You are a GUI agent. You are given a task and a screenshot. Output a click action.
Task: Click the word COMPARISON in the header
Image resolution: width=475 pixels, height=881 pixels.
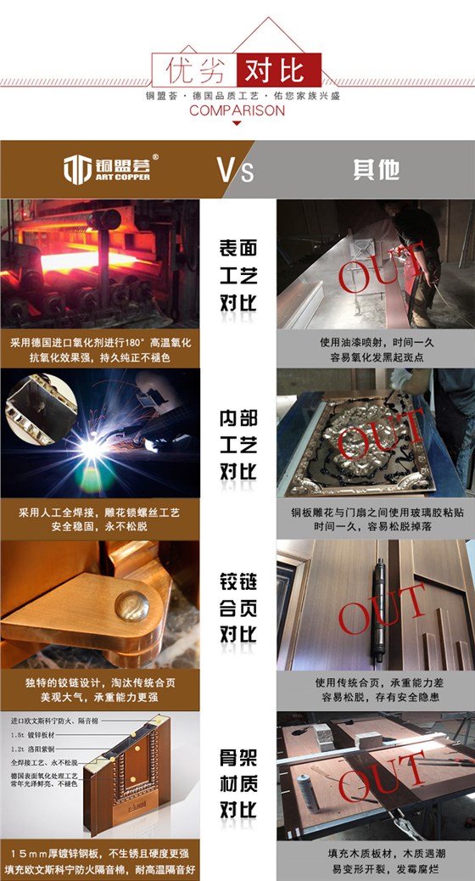tap(237, 110)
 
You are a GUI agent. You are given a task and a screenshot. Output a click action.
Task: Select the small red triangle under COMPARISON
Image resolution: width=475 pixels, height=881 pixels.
tap(237, 124)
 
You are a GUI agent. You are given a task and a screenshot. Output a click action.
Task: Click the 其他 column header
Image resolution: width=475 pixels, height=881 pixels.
tap(376, 169)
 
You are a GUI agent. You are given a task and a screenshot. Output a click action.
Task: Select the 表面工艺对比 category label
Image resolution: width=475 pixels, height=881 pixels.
tap(238, 275)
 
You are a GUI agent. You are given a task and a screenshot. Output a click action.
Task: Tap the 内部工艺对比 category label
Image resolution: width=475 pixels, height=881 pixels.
tap(238, 445)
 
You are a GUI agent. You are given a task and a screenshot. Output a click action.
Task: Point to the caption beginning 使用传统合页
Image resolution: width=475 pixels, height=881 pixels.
tap(376, 689)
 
